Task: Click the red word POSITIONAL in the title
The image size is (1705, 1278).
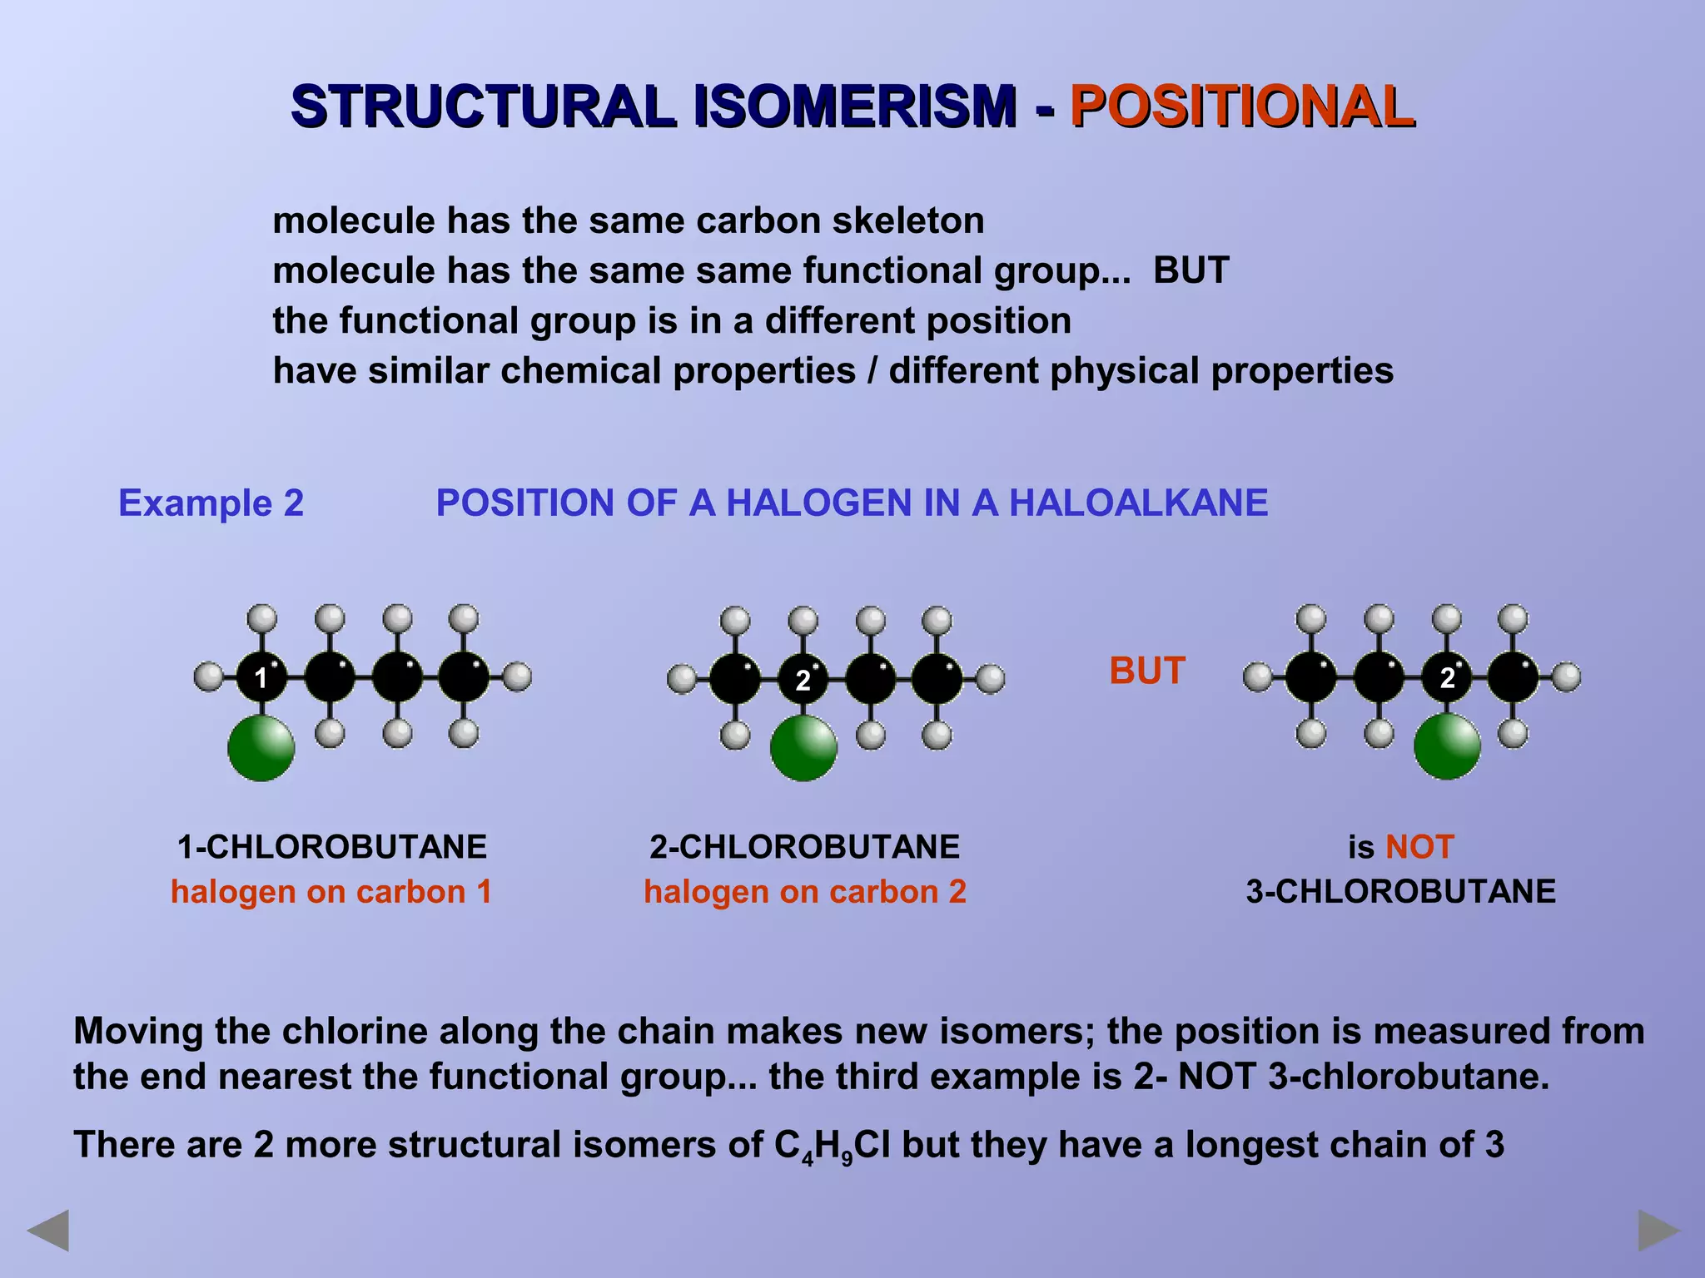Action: coord(1241,106)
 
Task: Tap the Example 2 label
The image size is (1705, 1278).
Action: coord(211,503)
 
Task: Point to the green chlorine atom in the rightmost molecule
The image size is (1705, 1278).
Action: coord(1447,745)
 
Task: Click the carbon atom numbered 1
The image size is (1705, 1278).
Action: coord(261,677)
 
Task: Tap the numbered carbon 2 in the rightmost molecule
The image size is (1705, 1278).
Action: coord(1447,677)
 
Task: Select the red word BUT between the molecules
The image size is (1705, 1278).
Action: coord(1147,671)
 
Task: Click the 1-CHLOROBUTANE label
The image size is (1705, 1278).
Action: coord(332,847)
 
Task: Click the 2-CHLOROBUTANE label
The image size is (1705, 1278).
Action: coord(804,847)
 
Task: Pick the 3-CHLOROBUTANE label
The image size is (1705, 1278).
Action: coord(1400,892)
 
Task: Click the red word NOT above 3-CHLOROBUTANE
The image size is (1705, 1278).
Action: coord(1419,847)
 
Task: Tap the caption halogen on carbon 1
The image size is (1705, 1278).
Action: coord(331,892)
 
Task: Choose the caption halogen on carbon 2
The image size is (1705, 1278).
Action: coord(804,892)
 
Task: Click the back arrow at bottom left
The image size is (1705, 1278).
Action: coord(48,1230)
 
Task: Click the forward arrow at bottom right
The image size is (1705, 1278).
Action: coord(1658,1230)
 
